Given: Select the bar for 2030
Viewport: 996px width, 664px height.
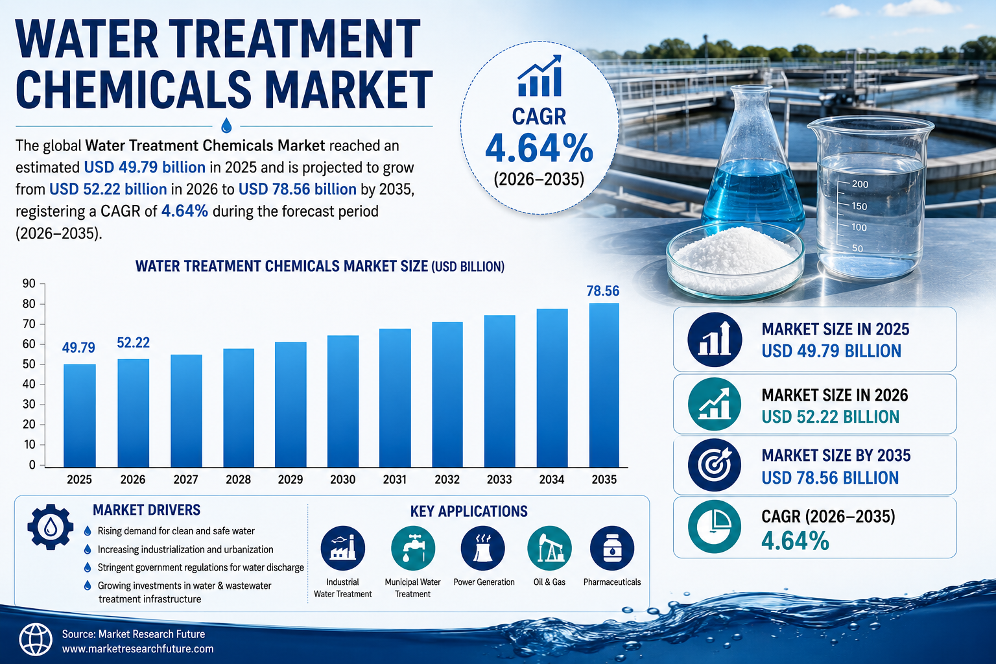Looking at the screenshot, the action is (x=343, y=401).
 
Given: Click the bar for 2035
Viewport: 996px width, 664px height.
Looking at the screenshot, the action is (x=604, y=385).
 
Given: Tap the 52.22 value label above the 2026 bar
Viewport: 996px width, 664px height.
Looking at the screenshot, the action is (x=134, y=342).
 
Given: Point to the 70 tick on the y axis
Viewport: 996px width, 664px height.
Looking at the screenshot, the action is (x=29, y=324).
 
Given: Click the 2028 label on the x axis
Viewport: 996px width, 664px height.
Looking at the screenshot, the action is (x=239, y=479).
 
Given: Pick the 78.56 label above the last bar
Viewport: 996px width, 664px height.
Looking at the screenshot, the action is (x=603, y=291).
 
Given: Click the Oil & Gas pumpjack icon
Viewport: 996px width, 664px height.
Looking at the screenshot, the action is (x=550, y=549).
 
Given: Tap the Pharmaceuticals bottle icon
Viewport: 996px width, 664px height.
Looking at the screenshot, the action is (x=612, y=549).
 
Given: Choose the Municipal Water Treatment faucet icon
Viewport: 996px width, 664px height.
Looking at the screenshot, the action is (x=413, y=549).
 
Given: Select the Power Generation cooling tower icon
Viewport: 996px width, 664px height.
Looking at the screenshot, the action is (x=483, y=549).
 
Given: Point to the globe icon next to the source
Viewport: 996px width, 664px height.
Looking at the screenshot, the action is (x=36, y=639).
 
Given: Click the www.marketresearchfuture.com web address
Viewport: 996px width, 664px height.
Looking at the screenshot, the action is (x=138, y=649).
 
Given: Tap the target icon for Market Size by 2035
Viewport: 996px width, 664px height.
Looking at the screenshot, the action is (x=715, y=465).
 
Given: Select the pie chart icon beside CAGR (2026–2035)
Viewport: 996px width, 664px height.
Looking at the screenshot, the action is (x=715, y=527).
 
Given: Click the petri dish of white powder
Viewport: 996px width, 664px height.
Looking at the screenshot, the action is (x=735, y=260).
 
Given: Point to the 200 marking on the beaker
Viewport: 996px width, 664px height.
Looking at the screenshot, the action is (x=860, y=184).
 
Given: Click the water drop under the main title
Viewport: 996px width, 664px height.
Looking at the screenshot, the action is (x=226, y=125).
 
